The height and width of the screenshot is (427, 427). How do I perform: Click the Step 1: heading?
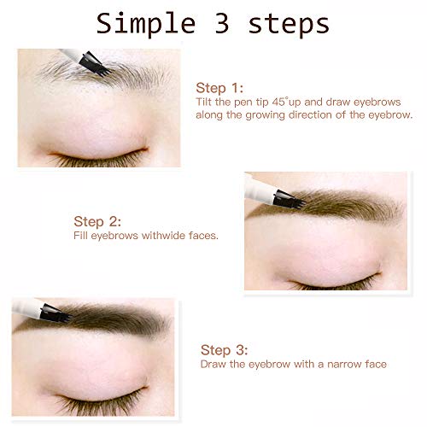219,87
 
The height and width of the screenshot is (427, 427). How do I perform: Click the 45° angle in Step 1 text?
293,101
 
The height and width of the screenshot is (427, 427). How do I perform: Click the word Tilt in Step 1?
203,101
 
